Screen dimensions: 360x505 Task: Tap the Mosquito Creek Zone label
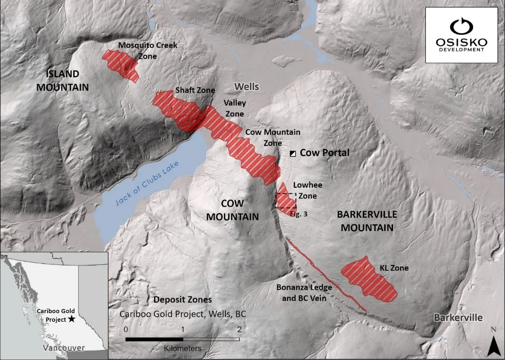click(147, 50)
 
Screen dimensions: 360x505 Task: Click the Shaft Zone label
click(195, 90)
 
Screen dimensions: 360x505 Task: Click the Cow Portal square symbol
click(293, 153)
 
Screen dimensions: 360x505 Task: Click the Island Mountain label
click(67, 81)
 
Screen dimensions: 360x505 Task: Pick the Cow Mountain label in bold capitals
click(239, 210)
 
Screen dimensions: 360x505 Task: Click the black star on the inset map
click(73, 318)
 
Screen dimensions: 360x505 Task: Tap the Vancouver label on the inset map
click(63, 348)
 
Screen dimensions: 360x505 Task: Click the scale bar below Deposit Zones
click(182, 339)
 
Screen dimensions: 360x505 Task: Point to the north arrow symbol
click(493, 343)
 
